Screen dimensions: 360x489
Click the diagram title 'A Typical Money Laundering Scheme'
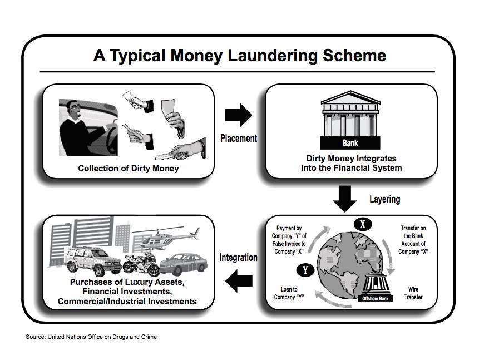coord(239,56)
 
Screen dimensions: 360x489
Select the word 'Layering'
coord(384,199)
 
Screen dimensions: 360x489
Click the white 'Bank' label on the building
coord(350,143)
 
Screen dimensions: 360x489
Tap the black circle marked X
coord(363,224)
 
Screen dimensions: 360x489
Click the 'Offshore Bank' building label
coord(377,298)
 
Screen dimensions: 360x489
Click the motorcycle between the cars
coord(141,265)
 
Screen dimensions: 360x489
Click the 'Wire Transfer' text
coord(413,293)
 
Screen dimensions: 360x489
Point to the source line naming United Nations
coord(91,337)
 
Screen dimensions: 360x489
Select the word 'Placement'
coord(238,138)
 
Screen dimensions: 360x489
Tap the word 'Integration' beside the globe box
coord(238,258)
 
